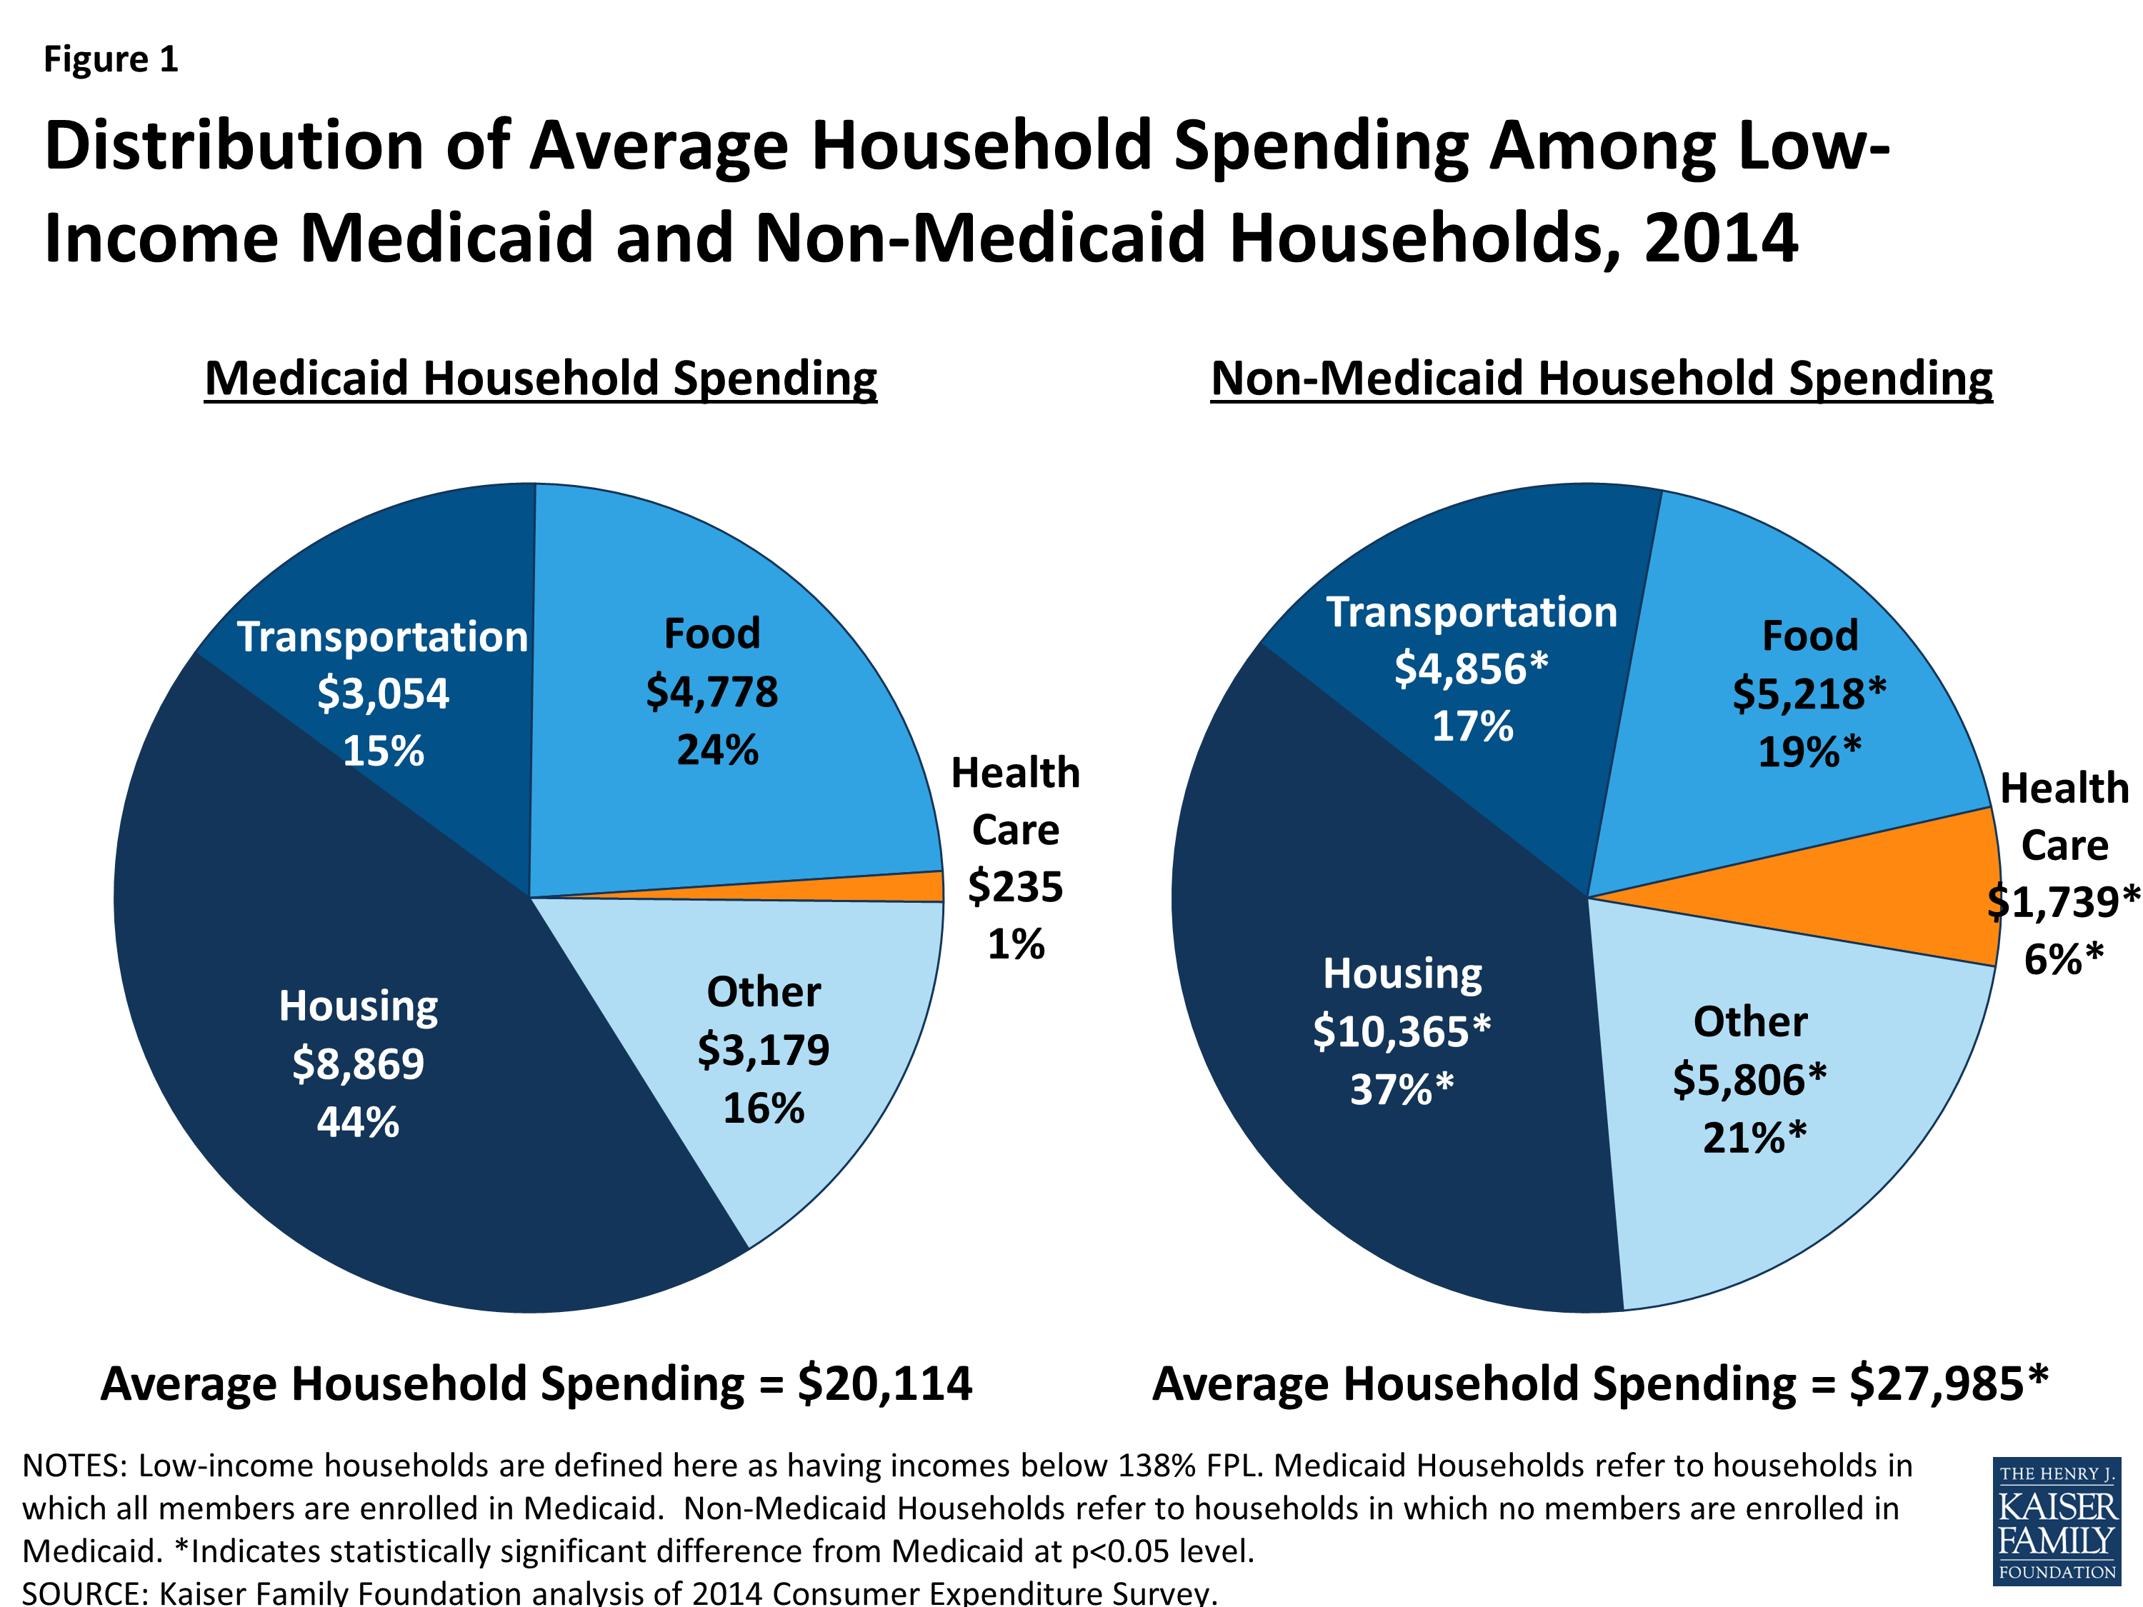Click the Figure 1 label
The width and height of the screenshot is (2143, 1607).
(111, 60)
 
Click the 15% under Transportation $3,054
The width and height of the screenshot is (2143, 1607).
(383, 751)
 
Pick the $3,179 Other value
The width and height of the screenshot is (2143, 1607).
(764, 1050)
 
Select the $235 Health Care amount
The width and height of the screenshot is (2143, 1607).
(1014, 887)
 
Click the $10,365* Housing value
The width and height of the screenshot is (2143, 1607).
(1401, 1031)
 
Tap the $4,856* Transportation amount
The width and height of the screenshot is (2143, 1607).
(1471, 669)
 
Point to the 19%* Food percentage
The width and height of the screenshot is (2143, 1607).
(1809, 751)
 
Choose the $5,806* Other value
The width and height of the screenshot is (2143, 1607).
(1749, 1080)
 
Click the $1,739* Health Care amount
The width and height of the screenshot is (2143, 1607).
(2064, 903)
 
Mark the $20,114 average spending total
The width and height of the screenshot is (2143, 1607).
(884, 1383)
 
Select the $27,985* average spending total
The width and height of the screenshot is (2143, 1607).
(1948, 1383)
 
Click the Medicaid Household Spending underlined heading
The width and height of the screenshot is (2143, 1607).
(541, 378)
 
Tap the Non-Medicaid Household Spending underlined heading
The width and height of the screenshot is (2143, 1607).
(1601, 378)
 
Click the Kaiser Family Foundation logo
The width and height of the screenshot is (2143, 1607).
(2056, 1521)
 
